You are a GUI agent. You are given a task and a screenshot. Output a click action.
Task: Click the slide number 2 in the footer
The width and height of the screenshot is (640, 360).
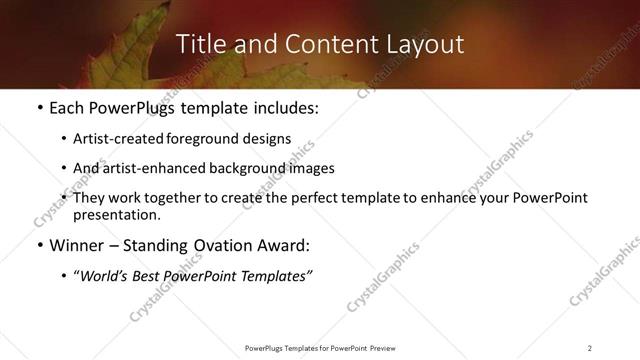point(589,348)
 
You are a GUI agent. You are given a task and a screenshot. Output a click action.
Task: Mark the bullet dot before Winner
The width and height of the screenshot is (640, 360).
point(38,245)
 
